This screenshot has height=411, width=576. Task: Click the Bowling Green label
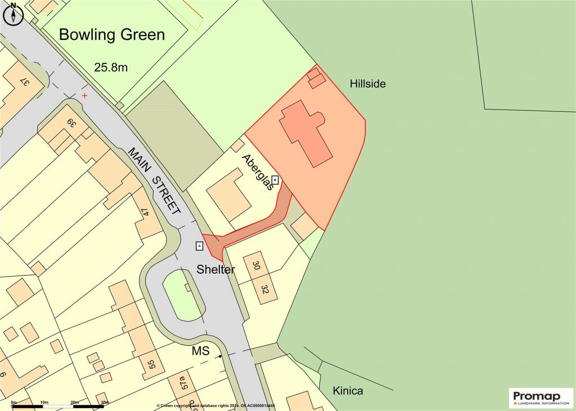[112, 35]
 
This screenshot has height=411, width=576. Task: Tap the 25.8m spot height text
[111, 67]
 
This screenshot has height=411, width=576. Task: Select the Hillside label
[367, 84]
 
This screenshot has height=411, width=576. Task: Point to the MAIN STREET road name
[154, 181]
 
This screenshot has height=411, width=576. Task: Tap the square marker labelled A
[199, 246]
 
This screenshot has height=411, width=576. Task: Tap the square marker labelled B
[275, 180]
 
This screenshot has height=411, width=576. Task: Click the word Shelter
[215, 269]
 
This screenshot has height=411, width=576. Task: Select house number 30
[256, 265]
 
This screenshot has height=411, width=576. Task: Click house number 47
[145, 213]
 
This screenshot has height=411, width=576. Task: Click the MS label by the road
[201, 351]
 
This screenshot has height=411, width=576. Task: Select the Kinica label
[347, 390]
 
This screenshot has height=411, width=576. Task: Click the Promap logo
[541, 397]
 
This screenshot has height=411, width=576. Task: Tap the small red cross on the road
[85, 96]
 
